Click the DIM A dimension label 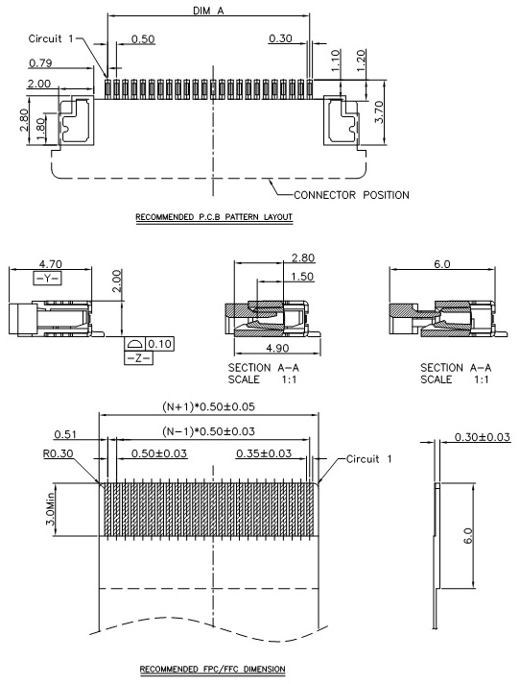pos(208,11)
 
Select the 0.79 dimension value pos(40,63)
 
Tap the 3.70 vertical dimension pos(379,111)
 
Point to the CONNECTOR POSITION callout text pos(351,195)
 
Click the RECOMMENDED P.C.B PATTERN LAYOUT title pos(214,217)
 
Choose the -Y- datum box pos(47,278)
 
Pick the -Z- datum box pos(139,358)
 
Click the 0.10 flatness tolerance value pos(159,344)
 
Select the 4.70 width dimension pos(51,264)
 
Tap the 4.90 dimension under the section pos(277,348)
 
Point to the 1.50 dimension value pos(302,277)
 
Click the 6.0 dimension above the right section pos(441,264)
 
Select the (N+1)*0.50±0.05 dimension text pos(208,407)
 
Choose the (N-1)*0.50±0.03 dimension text pos(208,431)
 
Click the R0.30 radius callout pos(58,453)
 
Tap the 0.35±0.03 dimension pos(264,453)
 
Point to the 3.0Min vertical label pos(50,508)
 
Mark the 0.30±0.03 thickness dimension pos(483,437)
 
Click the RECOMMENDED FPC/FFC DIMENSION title pos(213,670)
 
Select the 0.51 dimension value pos(65,434)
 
